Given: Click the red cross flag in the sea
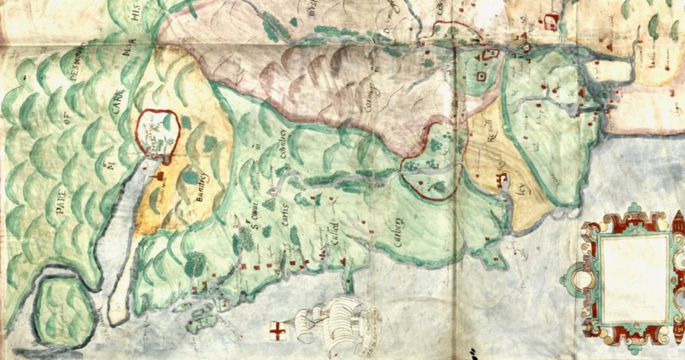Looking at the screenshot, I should [277, 330].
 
